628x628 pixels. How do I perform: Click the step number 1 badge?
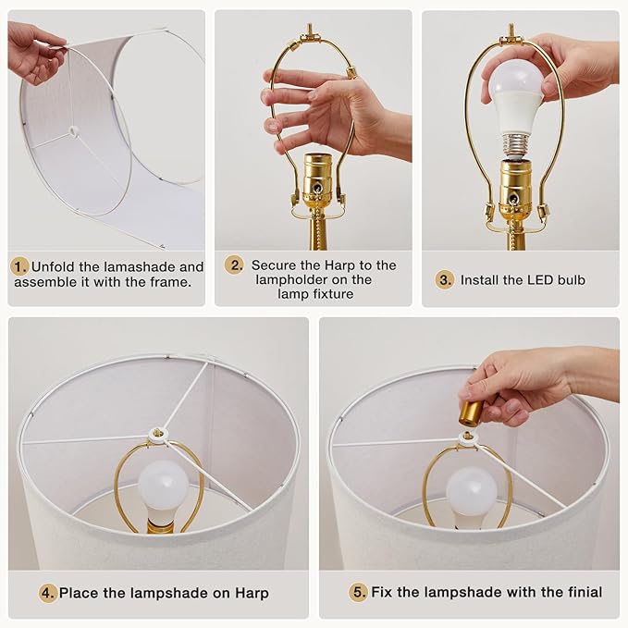tap(19, 266)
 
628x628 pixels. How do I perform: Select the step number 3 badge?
tap(445, 279)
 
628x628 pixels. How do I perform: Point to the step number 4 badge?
tap(48, 593)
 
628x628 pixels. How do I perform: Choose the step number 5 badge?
tap(358, 592)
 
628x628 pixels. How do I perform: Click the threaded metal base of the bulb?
tap(517, 146)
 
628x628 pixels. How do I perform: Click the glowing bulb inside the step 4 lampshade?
tap(162, 486)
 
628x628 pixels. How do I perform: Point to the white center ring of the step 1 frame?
tap(73, 131)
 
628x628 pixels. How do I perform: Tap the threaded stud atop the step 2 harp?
tap(309, 30)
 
